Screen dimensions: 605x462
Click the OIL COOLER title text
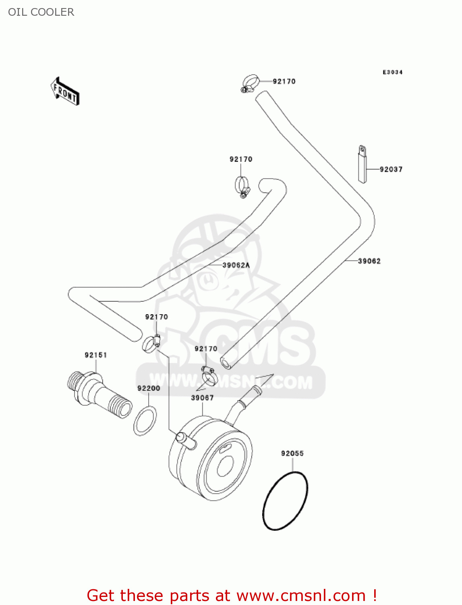point(41,12)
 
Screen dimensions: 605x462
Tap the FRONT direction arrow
point(64,92)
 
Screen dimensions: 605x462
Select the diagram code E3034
point(392,72)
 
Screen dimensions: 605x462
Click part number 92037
point(391,169)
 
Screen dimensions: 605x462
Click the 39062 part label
point(369,261)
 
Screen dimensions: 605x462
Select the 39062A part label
point(236,265)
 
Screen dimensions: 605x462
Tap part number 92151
point(95,355)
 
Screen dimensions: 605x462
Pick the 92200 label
point(149,388)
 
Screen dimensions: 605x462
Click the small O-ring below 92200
point(145,421)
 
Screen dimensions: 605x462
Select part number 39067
point(202,398)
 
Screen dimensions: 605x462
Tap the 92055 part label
point(292,453)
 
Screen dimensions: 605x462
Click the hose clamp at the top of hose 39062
point(250,83)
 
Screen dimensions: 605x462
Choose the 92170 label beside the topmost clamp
point(284,81)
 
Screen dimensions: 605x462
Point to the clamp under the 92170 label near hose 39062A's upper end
point(242,187)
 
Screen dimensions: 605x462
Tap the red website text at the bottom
point(232,595)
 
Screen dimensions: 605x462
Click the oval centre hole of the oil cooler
point(225,466)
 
